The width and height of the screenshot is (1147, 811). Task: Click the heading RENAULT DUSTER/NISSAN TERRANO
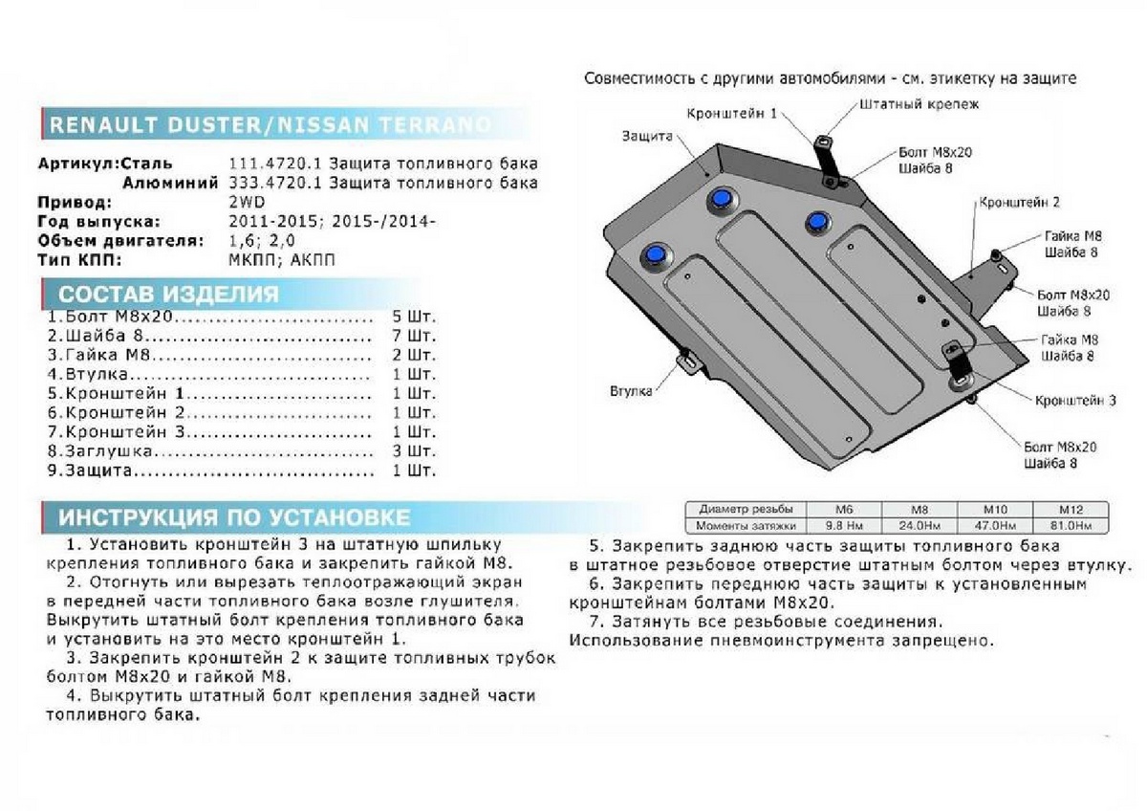point(270,125)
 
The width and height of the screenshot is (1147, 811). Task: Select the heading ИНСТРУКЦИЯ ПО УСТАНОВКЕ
point(234,518)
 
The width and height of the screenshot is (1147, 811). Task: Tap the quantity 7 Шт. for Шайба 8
point(413,336)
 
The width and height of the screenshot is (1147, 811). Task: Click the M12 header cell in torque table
point(1071,510)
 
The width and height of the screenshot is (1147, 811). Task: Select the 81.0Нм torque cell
point(1071,526)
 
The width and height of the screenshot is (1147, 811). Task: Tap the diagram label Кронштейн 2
point(1018,203)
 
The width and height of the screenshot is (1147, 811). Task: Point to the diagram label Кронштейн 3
point(1074,400)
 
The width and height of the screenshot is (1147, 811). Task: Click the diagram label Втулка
point(632,391)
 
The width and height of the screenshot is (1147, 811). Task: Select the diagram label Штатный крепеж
point(919,102)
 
